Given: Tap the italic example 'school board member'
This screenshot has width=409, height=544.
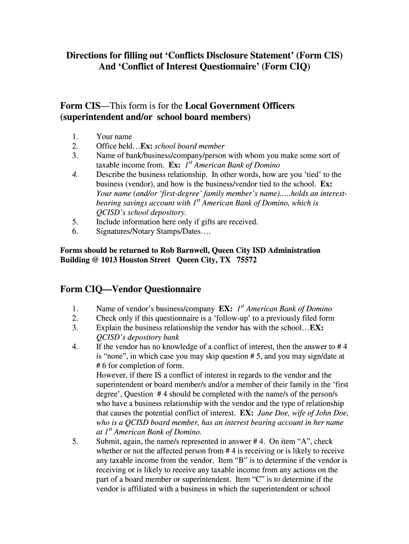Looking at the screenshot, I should [190, 146].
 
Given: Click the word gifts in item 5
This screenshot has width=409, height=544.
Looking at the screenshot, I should [202, 222].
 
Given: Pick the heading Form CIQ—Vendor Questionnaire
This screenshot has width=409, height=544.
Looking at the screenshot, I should [131, 289].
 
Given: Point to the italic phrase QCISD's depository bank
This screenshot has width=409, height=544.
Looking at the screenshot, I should [138, 337].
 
